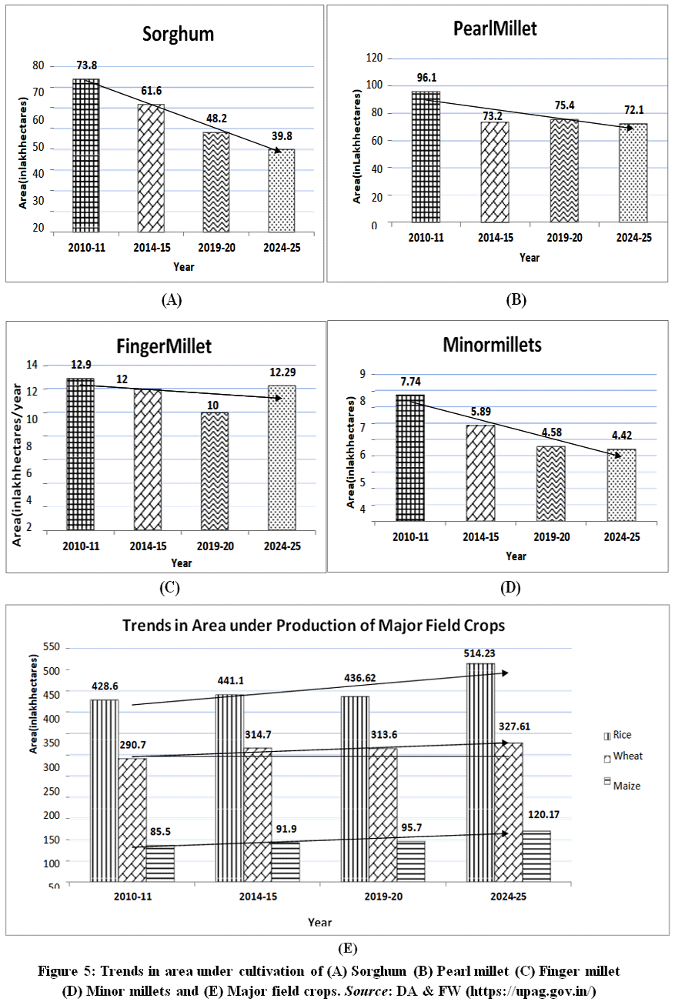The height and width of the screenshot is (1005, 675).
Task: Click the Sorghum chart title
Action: [x=178, y=34]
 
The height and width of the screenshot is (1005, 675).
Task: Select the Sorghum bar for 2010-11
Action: [x=86, y=155]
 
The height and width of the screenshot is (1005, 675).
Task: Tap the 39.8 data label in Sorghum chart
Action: [x=282, y=136]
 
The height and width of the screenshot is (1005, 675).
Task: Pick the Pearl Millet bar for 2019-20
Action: [x=564, y=171]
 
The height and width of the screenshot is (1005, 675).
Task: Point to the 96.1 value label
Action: [x=426, y=78]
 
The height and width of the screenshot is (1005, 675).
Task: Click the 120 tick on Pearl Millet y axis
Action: [x=374, y=58]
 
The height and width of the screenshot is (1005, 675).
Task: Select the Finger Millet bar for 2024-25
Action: [x=282, y=458]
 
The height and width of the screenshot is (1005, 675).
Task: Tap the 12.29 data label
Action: [x=282, y=372]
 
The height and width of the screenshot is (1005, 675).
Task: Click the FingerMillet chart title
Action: [x=164, y=346]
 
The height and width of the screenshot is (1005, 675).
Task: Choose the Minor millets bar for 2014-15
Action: [x=481, y=473]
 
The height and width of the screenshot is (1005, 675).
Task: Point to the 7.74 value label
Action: [x=411, y=382]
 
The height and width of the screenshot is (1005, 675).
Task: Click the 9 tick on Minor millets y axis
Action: [x=363, y=374]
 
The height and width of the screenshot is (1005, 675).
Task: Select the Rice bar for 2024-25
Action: [x=481, y=772]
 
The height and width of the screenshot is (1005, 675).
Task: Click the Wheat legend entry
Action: [x=623, y=756]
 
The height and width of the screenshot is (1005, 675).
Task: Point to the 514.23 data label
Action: [x=480, y=653]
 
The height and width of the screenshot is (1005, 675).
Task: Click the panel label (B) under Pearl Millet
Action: [x=516, y=299]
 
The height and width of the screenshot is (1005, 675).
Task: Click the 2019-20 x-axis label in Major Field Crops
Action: [x=383, y=896]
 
